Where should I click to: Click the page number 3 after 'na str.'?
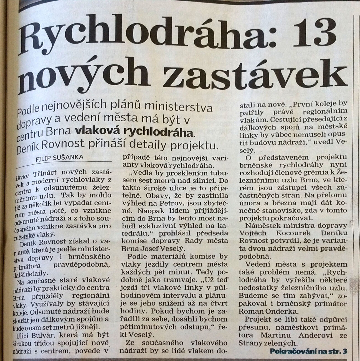point(345,351)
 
